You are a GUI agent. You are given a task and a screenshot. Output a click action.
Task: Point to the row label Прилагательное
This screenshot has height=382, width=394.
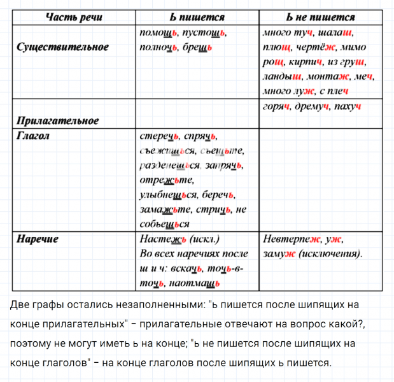click(58, 120)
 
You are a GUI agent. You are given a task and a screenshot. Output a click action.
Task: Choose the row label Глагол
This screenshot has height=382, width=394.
click(33, 135)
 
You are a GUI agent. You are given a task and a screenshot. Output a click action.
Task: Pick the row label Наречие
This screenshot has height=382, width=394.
click(37, 239)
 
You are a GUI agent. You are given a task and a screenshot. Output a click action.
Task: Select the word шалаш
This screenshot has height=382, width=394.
click(337, 32)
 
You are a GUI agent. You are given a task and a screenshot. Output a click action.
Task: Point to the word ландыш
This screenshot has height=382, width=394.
click(281, 78)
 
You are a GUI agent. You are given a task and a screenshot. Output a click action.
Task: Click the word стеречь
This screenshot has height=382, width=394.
click(158, 136)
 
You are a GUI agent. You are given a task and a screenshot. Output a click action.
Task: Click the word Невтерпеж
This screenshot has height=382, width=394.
click(290, 239)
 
